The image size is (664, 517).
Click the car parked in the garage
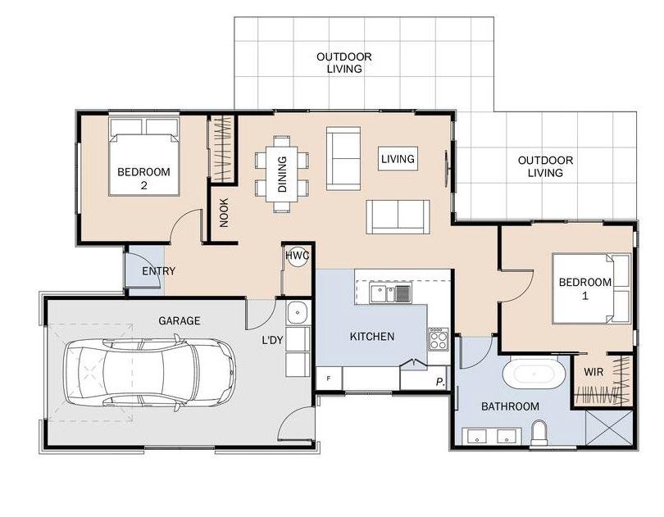click(149, 373)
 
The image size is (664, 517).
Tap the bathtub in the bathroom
click(534, 374)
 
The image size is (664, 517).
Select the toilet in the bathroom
click(539, 433)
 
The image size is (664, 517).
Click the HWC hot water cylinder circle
click(298, 256)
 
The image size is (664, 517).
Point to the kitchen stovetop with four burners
click(439, 339)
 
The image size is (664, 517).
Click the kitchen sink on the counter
click(390, 294)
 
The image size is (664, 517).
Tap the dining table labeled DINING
click(282, 174)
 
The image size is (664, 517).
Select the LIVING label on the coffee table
click(398, 159)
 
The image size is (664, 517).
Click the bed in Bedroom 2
click(144, 156)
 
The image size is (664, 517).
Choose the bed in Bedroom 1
click(591, 288)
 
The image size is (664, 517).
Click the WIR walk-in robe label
click(594, 372)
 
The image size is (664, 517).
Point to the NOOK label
click(224, 212)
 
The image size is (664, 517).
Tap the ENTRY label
click(158, 271)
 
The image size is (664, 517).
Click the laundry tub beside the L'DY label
click(298, 313)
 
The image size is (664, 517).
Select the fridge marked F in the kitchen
click(329, 378)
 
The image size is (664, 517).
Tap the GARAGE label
click(180, 320)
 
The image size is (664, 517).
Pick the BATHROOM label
click(510, 406)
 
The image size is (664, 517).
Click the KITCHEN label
click(372, 337)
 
